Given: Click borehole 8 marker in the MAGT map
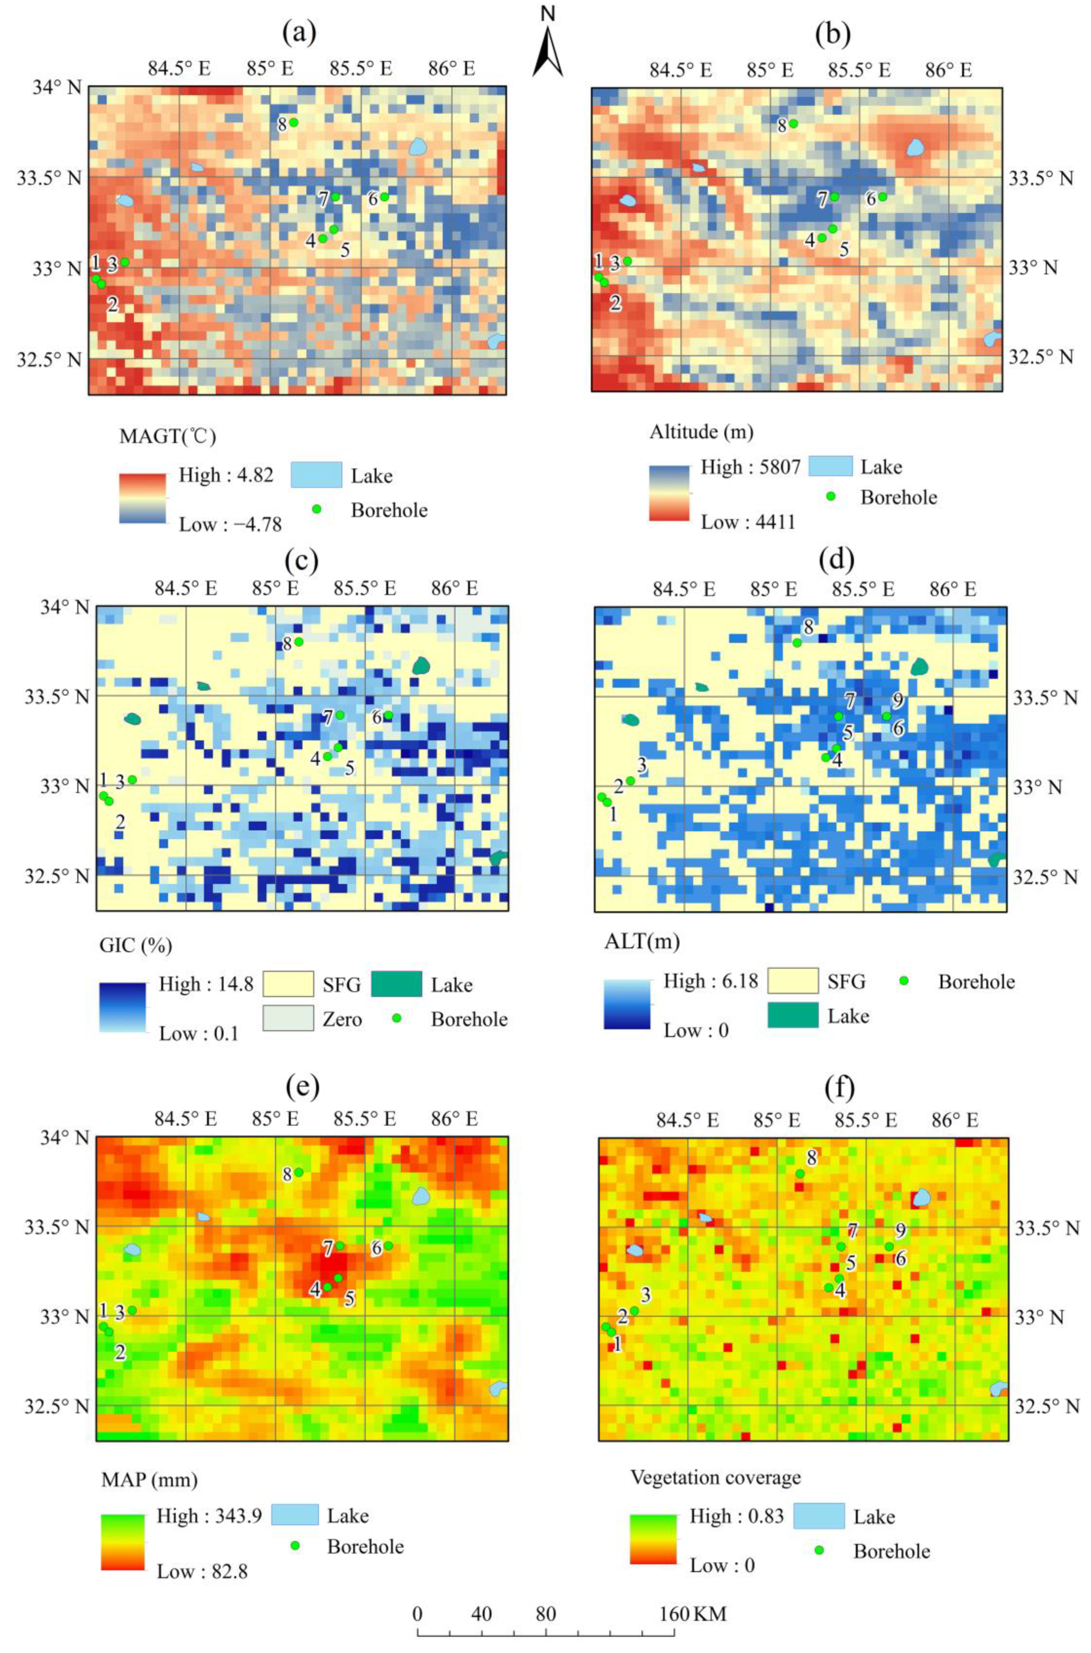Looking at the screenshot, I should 293,122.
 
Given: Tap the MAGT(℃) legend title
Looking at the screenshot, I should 168,437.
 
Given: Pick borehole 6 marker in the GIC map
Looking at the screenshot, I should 388,715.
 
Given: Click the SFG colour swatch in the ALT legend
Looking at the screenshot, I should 792,981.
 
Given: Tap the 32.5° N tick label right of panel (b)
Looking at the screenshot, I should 1041,357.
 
